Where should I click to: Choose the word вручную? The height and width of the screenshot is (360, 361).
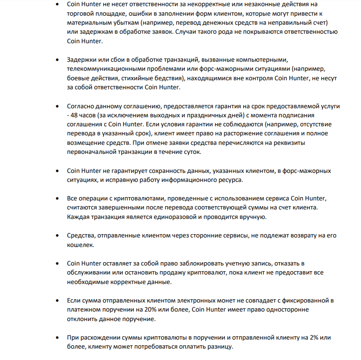coord(252,217)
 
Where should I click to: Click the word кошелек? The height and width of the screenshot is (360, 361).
coord(81,245)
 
